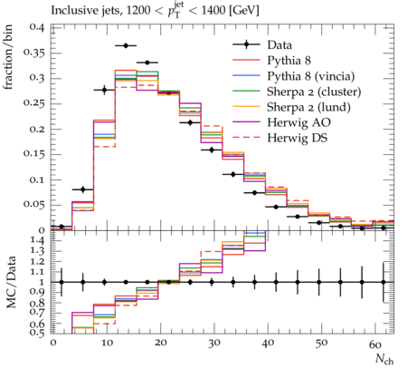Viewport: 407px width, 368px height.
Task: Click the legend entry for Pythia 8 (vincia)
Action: point(311,76)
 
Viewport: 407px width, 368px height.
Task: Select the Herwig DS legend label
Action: point(298,138)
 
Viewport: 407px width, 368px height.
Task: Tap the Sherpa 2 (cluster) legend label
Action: point(314,92)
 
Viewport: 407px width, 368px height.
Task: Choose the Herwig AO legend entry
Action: point(298,122)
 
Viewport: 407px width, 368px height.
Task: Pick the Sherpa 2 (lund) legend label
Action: point(308,107)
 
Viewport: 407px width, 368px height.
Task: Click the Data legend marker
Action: point(246,45)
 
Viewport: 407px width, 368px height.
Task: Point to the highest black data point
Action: point(126,45)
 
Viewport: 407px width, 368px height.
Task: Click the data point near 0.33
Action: point(147,63)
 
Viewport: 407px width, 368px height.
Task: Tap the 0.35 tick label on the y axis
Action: point(33,53)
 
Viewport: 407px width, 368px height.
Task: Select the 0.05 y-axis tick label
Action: point(33,205)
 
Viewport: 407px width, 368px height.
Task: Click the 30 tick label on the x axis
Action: point(213,344)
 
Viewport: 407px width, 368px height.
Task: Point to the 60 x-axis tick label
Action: point(375,344)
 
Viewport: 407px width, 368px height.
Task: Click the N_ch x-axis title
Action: point(384,359)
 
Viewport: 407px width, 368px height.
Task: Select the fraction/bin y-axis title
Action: point(8,57)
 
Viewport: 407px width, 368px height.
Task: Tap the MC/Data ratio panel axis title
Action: point(11,282)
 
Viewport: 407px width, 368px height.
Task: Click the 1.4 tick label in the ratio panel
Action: point(37,241)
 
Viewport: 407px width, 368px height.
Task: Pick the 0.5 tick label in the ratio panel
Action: point(37,333)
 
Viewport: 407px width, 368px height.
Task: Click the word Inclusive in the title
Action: point(72,11)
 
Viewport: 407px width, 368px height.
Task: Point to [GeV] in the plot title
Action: point(243,11)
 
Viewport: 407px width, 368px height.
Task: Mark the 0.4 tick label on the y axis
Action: point(37,27)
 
